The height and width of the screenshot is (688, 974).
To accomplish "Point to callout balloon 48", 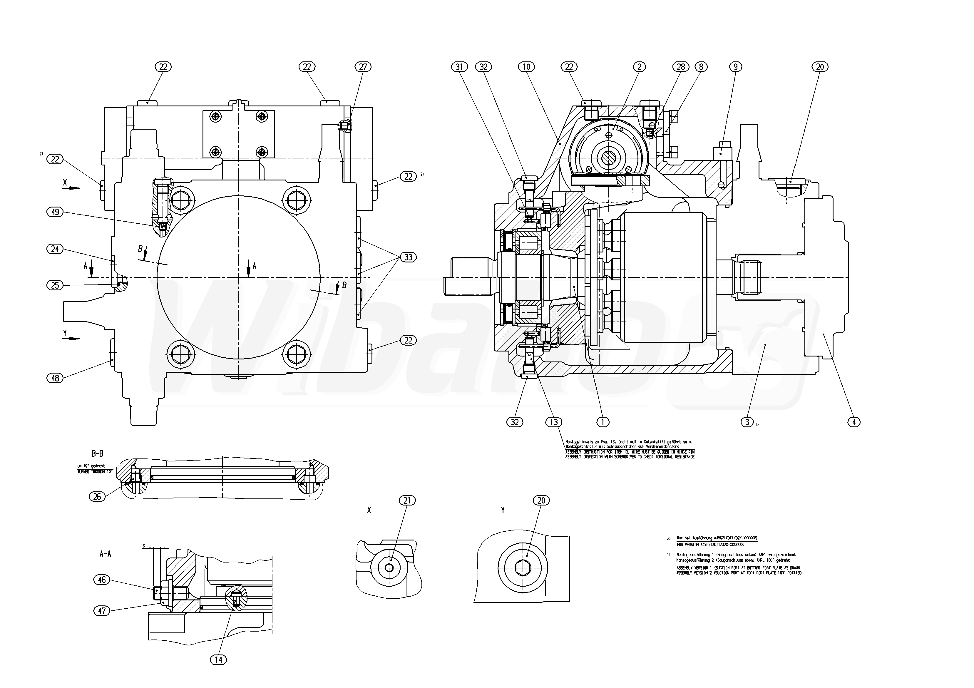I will [55, 378].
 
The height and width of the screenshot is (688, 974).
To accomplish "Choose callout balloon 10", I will [526, 67].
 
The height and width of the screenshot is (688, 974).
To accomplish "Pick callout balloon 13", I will [554, 422].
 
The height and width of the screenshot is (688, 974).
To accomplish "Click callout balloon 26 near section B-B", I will [97, 496].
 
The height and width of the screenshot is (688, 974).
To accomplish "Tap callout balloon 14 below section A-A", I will [218, 659].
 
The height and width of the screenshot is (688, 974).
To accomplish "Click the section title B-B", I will [97, 454].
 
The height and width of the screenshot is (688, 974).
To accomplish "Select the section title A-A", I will [105, 553].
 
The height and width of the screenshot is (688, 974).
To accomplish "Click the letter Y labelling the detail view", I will [503, 510].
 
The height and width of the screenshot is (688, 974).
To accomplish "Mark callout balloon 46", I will [102, 580].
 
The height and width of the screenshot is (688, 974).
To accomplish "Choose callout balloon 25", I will [55, 285].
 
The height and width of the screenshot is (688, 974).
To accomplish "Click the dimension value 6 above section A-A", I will [144, 546].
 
